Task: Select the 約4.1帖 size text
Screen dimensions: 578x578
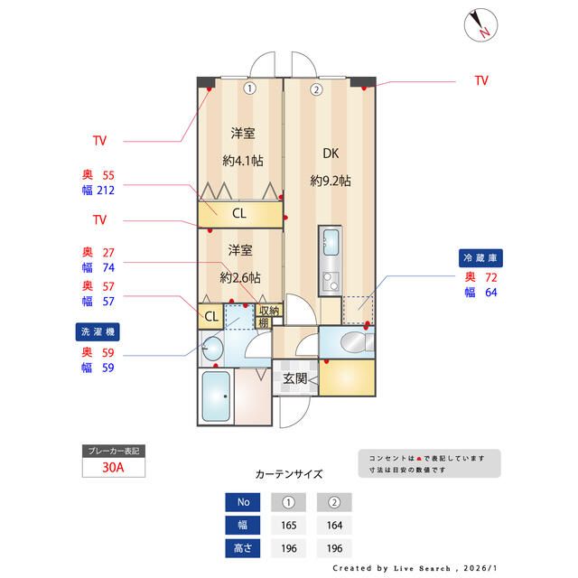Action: pos(242,161)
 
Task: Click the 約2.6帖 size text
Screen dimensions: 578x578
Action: pos(240,276)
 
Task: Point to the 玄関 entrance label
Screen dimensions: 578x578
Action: pos(294,378)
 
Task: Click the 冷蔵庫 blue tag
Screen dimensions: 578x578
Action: pos(480,257)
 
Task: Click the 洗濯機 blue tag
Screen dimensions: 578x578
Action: pos(98,331)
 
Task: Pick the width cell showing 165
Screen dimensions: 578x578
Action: pos(289,525)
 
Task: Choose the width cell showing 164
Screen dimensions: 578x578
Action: pos(334,525)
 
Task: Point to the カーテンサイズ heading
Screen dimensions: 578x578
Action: pos(289,473)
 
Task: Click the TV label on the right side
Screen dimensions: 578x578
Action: pos(481,81)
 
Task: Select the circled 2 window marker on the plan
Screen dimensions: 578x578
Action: pos(316,89)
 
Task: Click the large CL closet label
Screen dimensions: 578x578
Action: pos(239,214)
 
